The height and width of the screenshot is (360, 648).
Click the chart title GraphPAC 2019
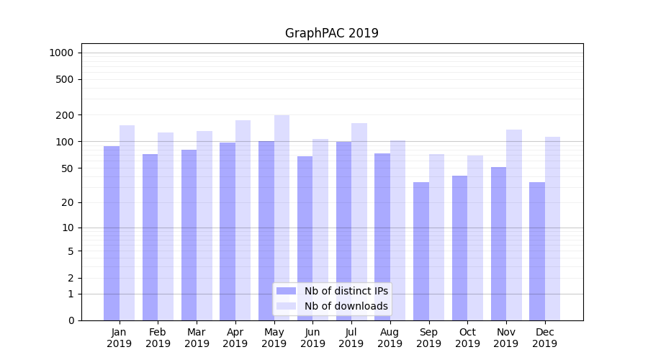331,33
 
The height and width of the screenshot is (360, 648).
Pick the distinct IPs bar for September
421,251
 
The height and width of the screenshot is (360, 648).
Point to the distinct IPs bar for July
343,230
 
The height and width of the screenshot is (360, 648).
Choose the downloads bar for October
475,238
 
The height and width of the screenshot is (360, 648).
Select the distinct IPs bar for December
537,251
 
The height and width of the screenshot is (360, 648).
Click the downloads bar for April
243,220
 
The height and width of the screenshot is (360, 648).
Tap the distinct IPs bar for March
189,235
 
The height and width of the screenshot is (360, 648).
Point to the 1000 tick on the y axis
61,53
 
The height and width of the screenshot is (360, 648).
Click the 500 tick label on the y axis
65,79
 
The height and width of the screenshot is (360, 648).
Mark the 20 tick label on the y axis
68,202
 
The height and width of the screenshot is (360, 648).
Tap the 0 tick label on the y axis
71,320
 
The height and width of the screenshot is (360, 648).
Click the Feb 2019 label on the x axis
158,338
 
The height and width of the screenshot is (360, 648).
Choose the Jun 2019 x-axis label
312,338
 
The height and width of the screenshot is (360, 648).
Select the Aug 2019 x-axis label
390,338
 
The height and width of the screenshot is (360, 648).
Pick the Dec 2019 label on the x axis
544,338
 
